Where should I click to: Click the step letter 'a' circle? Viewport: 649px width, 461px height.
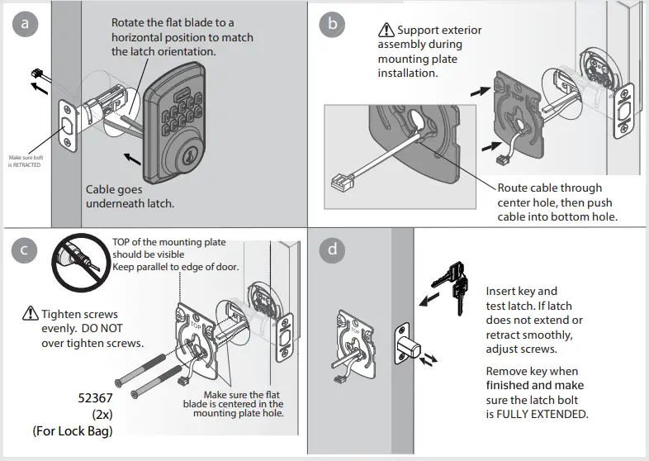pos(25,25)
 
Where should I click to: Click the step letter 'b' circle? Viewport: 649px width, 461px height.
pos(332,25)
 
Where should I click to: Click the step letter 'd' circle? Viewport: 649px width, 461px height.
pos(332,249)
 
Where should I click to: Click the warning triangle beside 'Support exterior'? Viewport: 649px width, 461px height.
pos(387,31)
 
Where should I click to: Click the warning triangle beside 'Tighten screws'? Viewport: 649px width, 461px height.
pos(30,314)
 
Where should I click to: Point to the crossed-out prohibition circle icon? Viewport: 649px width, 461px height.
pos(78,262)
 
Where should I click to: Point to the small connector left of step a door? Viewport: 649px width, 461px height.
pos(36,73)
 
